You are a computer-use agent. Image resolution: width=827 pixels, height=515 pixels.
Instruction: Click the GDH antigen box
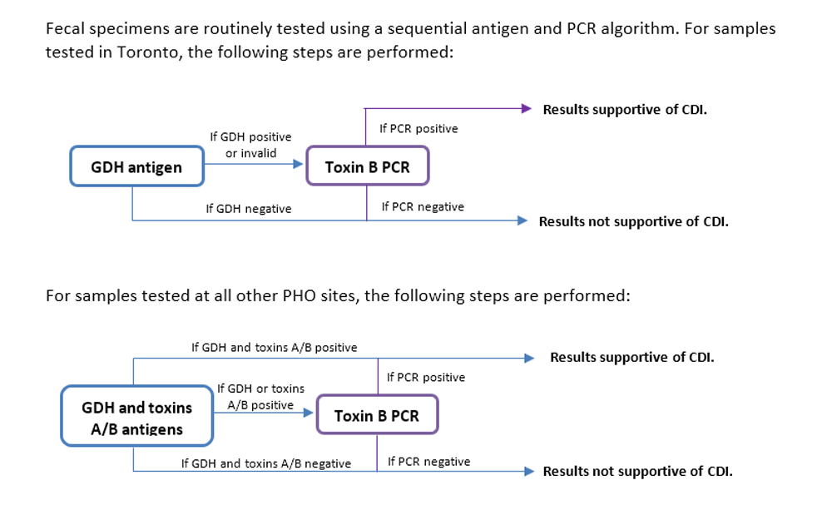pyautogui.click(x=136, y=167)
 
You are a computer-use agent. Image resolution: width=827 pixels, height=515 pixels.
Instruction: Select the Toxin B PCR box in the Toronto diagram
pyautogui.click(x=367, y=167)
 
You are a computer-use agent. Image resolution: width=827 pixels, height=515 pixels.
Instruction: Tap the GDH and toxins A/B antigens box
pyautogui.click(x=136, y=418)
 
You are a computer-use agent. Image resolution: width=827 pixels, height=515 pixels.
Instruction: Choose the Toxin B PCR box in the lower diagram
pyautogui.click(x=377, y=416)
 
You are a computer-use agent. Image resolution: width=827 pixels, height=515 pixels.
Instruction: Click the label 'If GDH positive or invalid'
pyautogui.click(x=250, y=145)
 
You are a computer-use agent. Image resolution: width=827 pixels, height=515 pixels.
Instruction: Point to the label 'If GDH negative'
pyautogui.click(x=249, y=209)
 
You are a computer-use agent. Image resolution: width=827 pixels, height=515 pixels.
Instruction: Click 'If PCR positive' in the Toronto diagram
pyautogui.click(x=418, y=128)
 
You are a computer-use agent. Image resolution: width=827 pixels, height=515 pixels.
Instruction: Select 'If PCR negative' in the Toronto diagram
pyautogui.click(x=423, y=206)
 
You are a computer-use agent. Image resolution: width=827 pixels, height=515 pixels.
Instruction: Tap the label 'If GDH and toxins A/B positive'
pyautogui.click(x=274, y=347)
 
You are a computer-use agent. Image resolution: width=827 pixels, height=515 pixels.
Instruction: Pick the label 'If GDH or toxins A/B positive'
pyautogui.click(x=260, y=397)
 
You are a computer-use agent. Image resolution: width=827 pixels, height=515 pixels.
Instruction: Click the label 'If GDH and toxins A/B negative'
pyautogui.click(x=265, y=463)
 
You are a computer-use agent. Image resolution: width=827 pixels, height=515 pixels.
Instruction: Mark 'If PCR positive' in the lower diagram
pyautogui.click(x=426, y=377)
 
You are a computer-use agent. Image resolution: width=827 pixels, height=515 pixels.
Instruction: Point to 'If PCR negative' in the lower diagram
pyautogui.click(x=428, y=462)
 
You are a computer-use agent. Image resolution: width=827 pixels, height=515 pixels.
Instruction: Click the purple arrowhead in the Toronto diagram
pyautogui.click(x=525, y=108)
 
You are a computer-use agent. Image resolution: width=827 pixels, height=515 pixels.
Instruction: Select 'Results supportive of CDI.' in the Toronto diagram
pyautogui.click(x=625, y=109)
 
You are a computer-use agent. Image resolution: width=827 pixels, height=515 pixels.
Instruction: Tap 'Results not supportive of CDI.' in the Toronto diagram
pyautogui.click(x=633, y=221)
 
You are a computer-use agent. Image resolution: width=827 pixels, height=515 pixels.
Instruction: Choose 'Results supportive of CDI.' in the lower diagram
pyautogui.click(x=631, y=358)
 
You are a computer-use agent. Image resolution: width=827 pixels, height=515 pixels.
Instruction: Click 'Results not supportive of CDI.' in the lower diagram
pyautogui.click(x=637, y=471)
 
